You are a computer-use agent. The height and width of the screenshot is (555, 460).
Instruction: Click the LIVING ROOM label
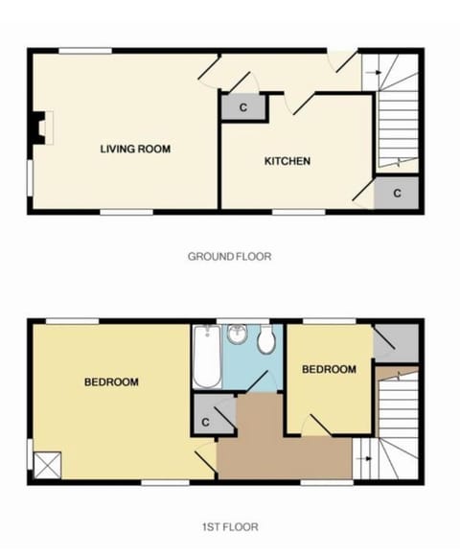click(x=135, y=149)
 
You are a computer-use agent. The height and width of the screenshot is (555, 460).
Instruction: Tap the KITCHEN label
click(x=287, y=161)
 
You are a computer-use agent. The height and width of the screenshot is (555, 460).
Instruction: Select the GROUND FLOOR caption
click(x=229, y=256)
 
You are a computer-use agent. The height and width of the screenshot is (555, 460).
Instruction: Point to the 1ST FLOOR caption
click(x=229, y=526)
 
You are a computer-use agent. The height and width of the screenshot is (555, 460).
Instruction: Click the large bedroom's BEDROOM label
click(x=111, y=382)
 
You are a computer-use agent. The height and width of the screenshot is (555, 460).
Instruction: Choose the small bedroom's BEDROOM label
click(x=329, y=369)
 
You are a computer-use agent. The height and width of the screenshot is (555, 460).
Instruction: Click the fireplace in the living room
click(x=38, y=127)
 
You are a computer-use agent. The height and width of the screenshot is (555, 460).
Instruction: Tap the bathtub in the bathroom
click(x=206, y=358)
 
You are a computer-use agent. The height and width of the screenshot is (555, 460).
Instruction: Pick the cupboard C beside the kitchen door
click(x=243, y=106)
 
